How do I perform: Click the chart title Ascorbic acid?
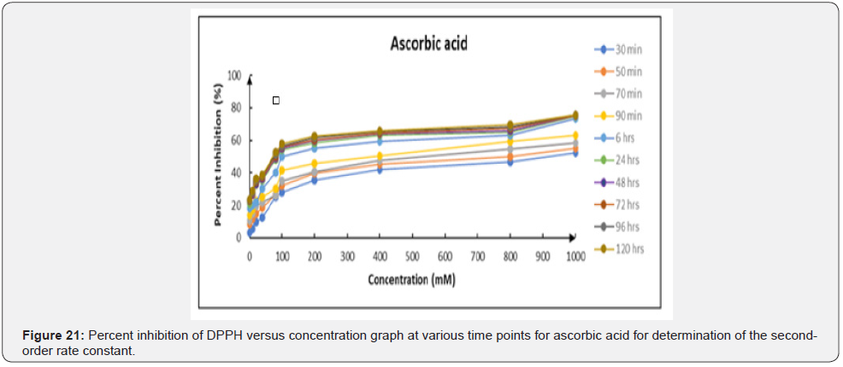click(x=418, y=44)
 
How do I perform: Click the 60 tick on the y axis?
click(x=237, y=140)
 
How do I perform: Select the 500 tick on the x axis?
click(x=412, y=256)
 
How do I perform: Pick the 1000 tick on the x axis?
click(x=575, y=256)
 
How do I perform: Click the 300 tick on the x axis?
click(x=347, y=256)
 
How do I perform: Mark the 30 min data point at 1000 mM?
click(x=575, y=153)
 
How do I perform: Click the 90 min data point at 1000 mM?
click(x=575, y=136)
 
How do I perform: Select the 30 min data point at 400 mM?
click(x=380, y=169)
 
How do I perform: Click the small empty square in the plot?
click(x=276, y=101)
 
